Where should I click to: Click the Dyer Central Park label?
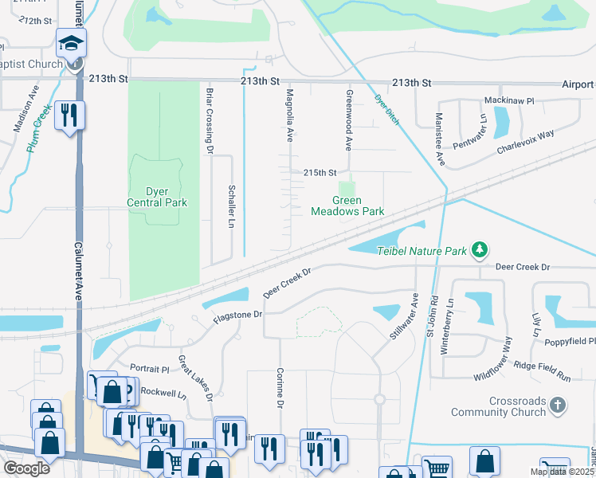156,197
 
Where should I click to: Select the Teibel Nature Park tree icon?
479,251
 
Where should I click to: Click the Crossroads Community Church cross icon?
557,406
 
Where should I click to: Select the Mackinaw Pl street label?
509,102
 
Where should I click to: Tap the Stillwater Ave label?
406,318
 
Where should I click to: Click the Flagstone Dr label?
237,315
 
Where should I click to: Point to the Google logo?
26,468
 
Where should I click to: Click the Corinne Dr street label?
280,388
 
